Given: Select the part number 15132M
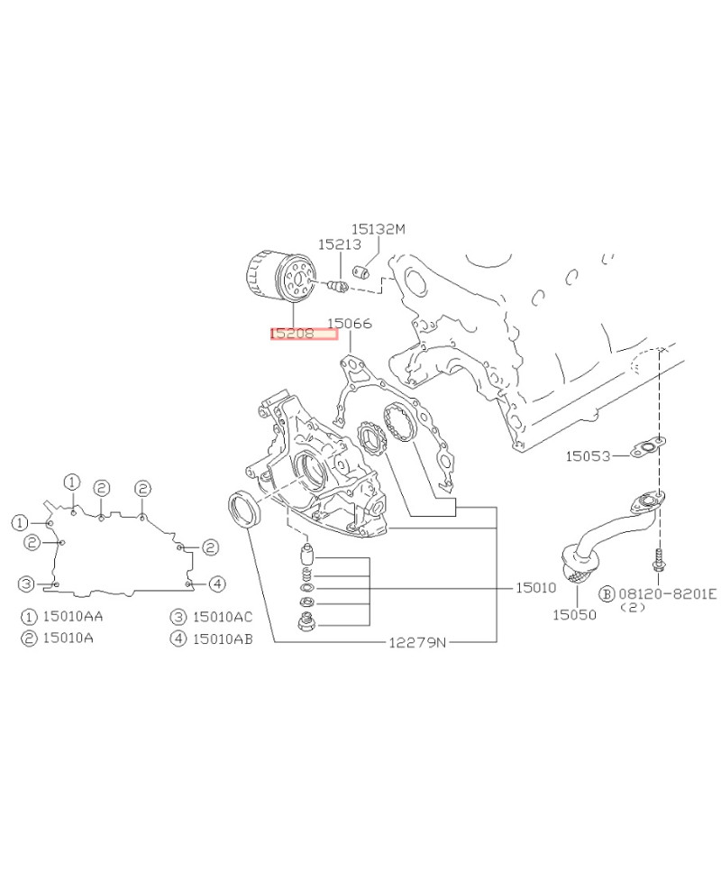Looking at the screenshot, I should tap(378, 230).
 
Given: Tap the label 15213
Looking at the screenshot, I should tap(339, 244).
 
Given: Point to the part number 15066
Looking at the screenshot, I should tap(350, 323).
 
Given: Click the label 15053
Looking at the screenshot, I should tap(589, 456).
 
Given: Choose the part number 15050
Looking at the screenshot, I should tap(574, 614).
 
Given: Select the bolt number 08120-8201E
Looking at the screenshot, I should tap(667, 593).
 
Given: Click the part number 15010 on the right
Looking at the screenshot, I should tap(536, 587).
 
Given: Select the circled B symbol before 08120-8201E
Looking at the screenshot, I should tap(607, 593).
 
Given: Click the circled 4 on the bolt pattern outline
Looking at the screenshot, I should tap(216, 583).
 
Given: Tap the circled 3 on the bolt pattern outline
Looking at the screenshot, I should tap(28, 583).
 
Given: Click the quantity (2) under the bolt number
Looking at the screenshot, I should tap(634, 608).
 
